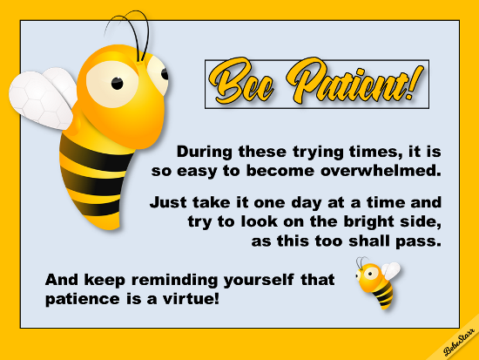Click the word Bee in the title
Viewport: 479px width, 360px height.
(x=241, y=82)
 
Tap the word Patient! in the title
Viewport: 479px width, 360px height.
(x=355, y=81)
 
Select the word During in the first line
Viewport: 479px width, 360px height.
(x=205, y=152)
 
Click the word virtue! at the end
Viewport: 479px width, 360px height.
(x=191, y=298)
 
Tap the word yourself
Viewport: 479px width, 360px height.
(x=259, y=281)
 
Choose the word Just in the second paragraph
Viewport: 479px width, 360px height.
(x=168, y=202)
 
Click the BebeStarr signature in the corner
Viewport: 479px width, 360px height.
(x=459, y=342)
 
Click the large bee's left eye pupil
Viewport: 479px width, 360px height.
(x=117, y=83)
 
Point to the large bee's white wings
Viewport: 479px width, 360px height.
(x=43, y=98)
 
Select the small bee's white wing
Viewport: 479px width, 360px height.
(x=391, y=270)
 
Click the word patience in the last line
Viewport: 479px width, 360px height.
(x=83, y=299)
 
